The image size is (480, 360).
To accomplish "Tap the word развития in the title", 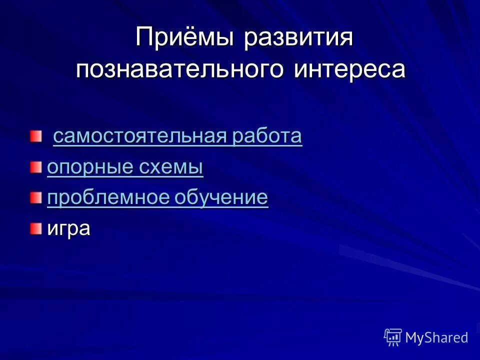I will tap(298, 39).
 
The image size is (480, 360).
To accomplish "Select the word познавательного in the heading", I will tap(179, 69).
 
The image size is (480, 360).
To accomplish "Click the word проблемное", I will tap(106, 198).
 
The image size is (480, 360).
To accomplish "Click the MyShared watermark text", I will tap(436, 337).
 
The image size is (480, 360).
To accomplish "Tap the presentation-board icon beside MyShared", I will tap(393, 337).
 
